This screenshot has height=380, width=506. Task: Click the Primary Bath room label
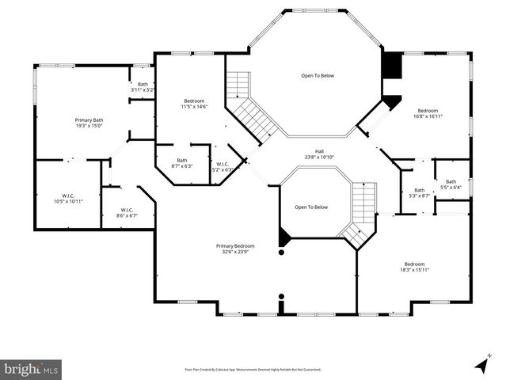89,120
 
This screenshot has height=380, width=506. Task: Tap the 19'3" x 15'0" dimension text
89,125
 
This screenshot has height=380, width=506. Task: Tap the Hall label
319,151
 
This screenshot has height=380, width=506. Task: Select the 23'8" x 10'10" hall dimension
319,157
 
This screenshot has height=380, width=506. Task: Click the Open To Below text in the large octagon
317,75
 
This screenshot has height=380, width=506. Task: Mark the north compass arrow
481,363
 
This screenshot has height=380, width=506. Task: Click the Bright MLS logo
31,368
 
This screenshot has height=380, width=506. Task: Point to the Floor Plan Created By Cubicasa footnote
253,369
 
